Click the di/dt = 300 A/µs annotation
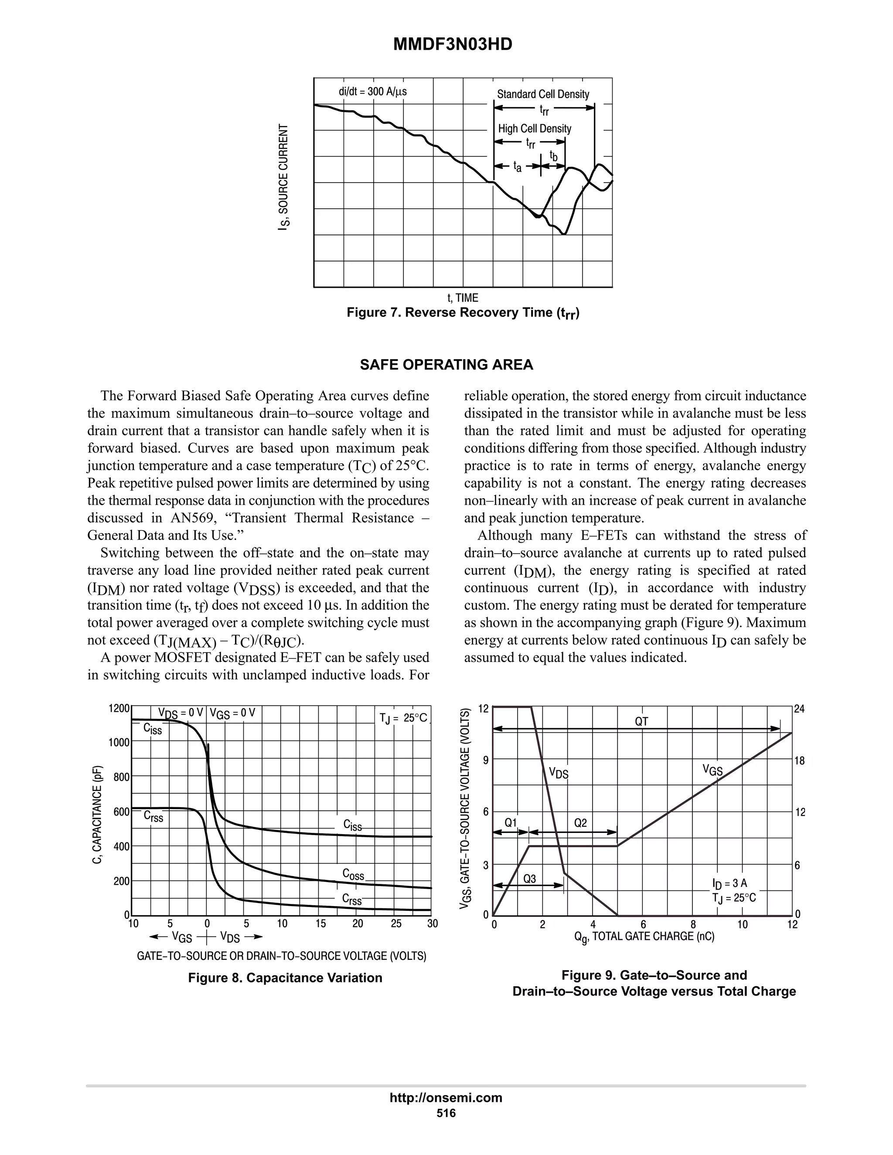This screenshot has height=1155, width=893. tap(372, 92)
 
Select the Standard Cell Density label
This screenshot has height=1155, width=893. tap(543, 94)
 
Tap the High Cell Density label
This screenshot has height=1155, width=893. tap(534, 129)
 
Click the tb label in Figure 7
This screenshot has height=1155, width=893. tap(553, 156)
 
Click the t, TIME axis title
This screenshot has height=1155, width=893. tap(462, 298)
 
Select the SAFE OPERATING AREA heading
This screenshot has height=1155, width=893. tap(446, 365)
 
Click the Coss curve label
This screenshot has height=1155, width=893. tap(353, 874)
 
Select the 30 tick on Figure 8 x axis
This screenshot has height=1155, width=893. tap(432, 924)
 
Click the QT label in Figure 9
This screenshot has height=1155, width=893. tap(641, 721)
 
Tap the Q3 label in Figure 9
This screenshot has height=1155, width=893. tap(529, 878)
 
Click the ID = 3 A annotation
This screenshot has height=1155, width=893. tap(729, 883)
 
